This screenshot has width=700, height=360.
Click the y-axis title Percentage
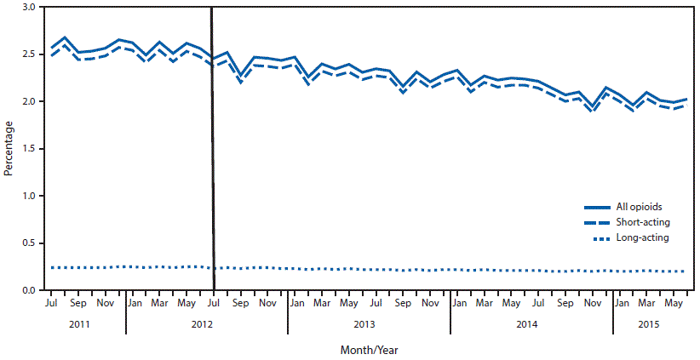click(9, 148)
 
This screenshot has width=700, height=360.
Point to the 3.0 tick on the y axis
click(30, 7)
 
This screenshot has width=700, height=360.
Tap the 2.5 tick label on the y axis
click(30, 54)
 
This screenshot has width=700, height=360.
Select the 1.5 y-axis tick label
click(30, 149)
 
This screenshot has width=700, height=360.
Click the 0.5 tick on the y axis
click(30, 243)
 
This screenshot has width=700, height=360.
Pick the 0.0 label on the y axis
click(30, 291)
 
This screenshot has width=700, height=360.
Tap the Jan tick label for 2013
click(296, 302)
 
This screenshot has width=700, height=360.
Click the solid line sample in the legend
click(599, 208)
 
